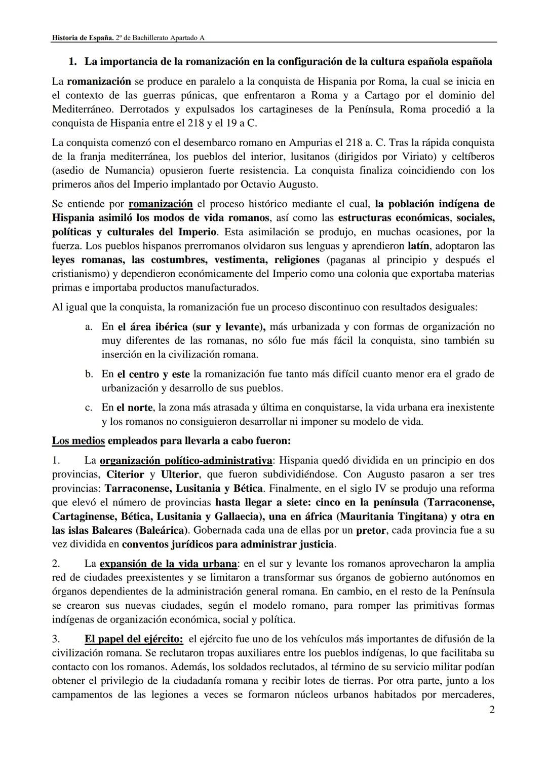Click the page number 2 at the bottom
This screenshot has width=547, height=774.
click(491, 710)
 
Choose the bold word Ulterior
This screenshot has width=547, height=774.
click(179, 474)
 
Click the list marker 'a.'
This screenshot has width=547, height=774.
click(89, 327)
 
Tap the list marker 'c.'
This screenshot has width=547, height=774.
click(89, 408)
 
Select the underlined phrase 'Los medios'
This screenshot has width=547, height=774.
click(78, 440)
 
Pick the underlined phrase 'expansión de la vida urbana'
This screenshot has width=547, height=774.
click(168, 564)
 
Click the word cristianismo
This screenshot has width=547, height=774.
click(79, 274)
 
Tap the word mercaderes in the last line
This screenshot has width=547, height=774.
click(466, 694)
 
